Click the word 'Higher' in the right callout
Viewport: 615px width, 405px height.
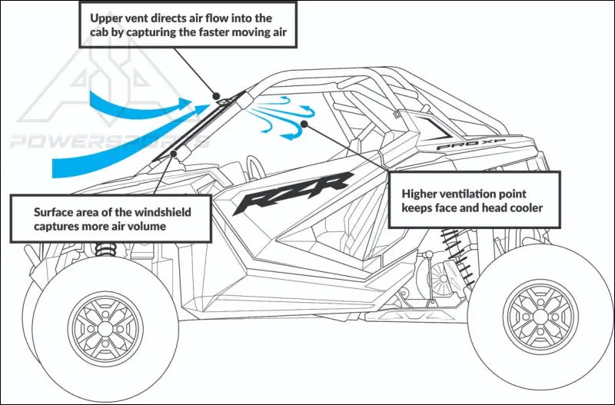(419, 194)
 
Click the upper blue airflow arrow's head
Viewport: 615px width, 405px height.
(184, 102)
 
